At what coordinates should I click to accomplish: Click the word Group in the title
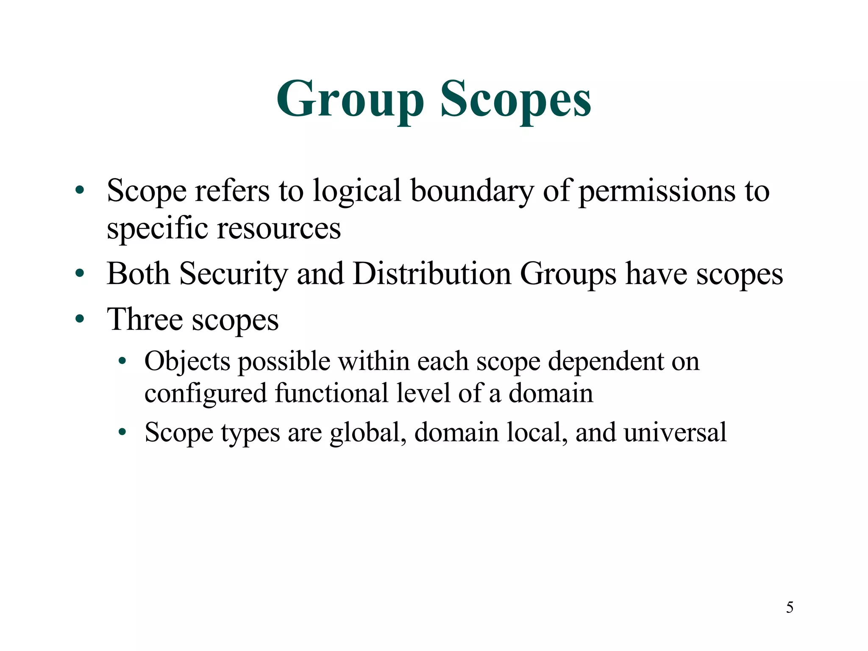(x=350, y=100)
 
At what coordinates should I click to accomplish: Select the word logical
(x=357, y=191)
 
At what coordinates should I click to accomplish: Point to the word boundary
(x=472, y=191)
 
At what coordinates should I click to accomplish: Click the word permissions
(x=657, y=191)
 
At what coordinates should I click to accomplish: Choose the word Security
(x=234, y=274)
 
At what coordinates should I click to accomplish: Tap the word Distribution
(x=431, y=274)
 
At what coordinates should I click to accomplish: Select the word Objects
(x=187, y=362)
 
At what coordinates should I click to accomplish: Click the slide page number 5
(x=790, y=608)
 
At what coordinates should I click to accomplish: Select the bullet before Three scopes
(x=80, y=319)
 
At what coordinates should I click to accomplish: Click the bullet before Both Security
(x=80, y=274)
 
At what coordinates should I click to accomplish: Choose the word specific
(x=157, y=228)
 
